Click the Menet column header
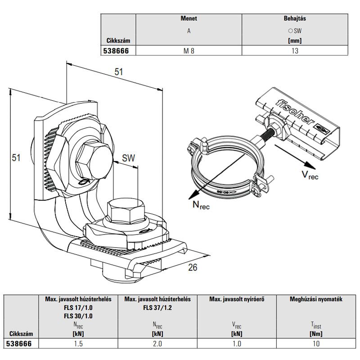[x=189, y=19]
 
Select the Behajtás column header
[x=295, y=19]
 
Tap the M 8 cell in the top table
[x=189, y=51]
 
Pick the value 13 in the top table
[x=295, y=51]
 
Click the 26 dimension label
[x=192, y=268]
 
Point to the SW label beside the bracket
[x=129, y=158]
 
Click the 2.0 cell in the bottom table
[x=157, y=343]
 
